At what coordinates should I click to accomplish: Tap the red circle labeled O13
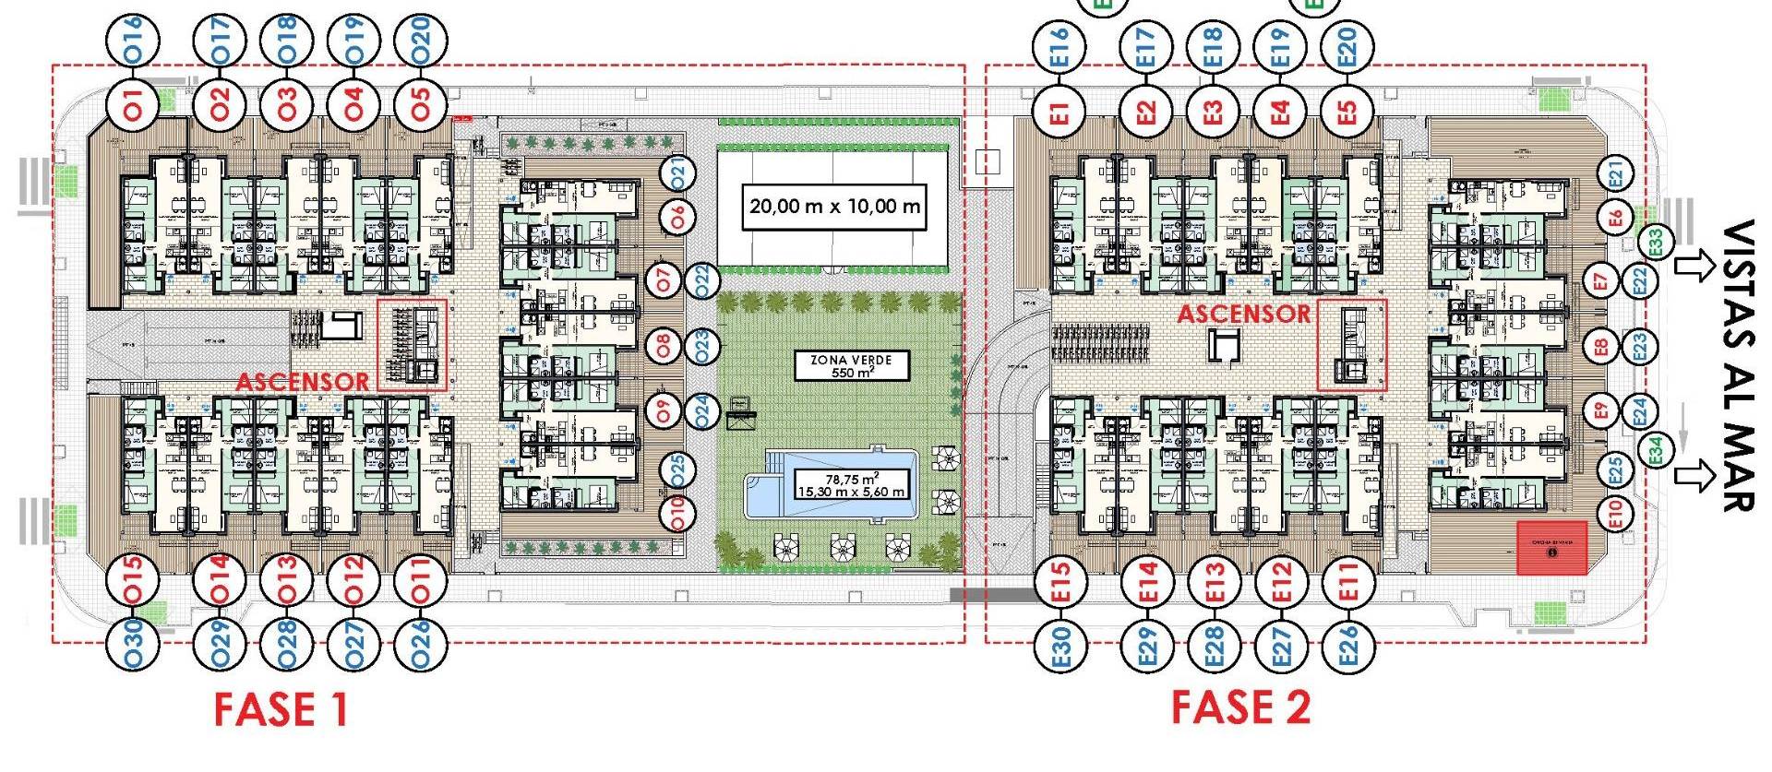point(288,580)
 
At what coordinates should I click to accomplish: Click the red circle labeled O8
point(663,347)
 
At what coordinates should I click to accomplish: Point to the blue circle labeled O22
point(703,279)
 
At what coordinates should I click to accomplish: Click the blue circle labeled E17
point(1145,45)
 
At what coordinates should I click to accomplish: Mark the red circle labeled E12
point(1281,582)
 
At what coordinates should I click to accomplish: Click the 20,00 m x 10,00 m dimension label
point(834,206)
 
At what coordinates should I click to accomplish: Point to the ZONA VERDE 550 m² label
point(851,366)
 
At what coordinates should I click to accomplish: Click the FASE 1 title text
point(281,709)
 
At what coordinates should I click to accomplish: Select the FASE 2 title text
point(1240,707)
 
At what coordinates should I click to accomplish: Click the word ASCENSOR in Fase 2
point(1243,315)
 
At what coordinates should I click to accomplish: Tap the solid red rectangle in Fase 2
point(1552,548)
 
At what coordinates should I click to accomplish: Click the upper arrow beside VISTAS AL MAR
point(1692,267)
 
